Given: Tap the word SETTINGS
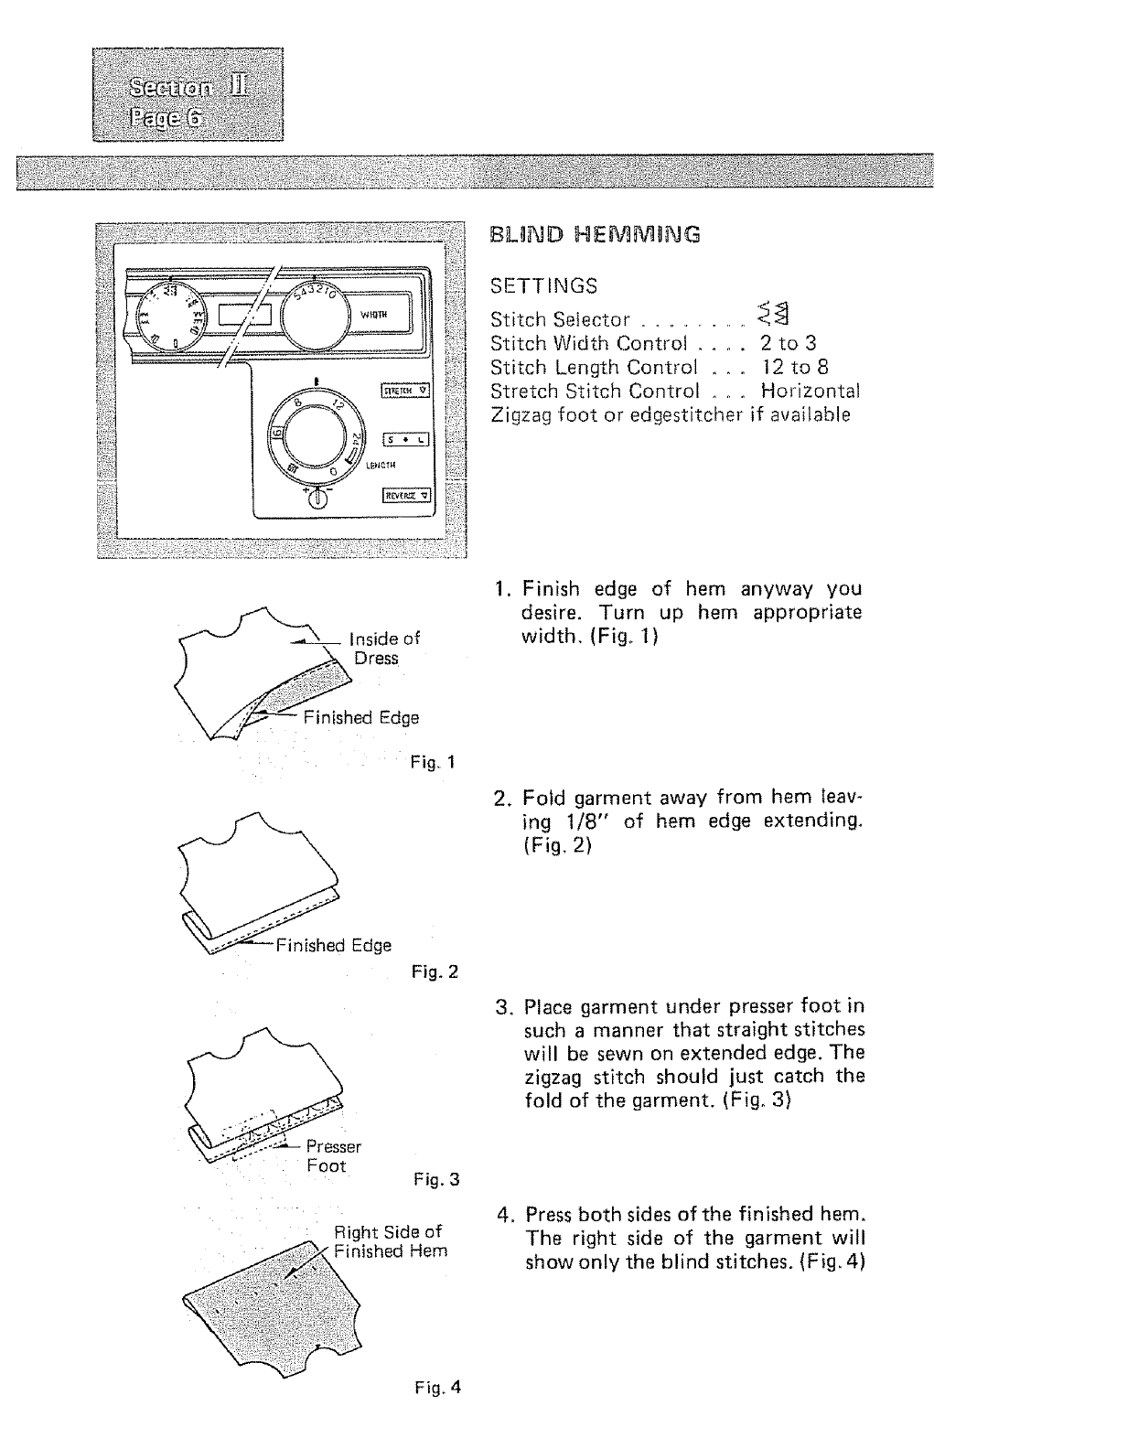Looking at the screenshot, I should pyautogui.click(x=543, y=286).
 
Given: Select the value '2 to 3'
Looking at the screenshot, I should pyautogui.click(x=789, y=343).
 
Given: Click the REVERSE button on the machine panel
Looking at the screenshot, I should pyautogui.click(x=406, y=496).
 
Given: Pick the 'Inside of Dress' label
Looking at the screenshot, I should pyautogui.click(x=384, y=648).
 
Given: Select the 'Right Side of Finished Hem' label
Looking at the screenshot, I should pyautogui.click(x=391, y=1241).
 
